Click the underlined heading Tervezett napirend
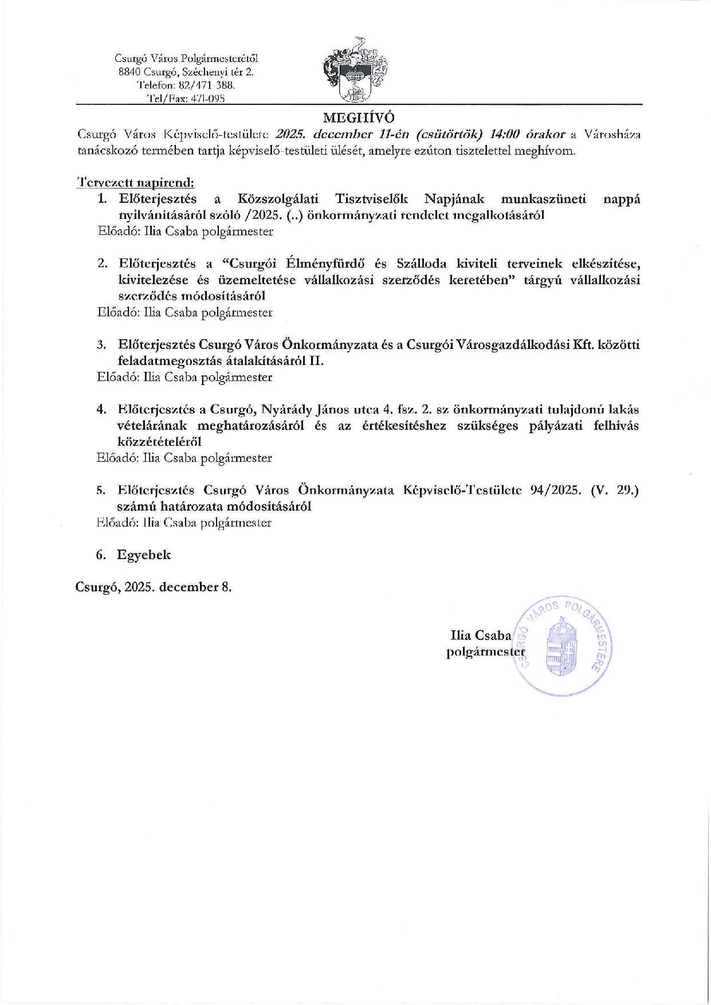[x=135, y=183]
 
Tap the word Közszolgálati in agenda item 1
[x=278, y=199]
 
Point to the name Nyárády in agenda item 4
[x=287, y=410]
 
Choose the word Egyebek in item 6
[x=144, y=555]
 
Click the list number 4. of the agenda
[x=101, y=410]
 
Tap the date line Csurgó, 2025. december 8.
[x=154, y=587]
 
